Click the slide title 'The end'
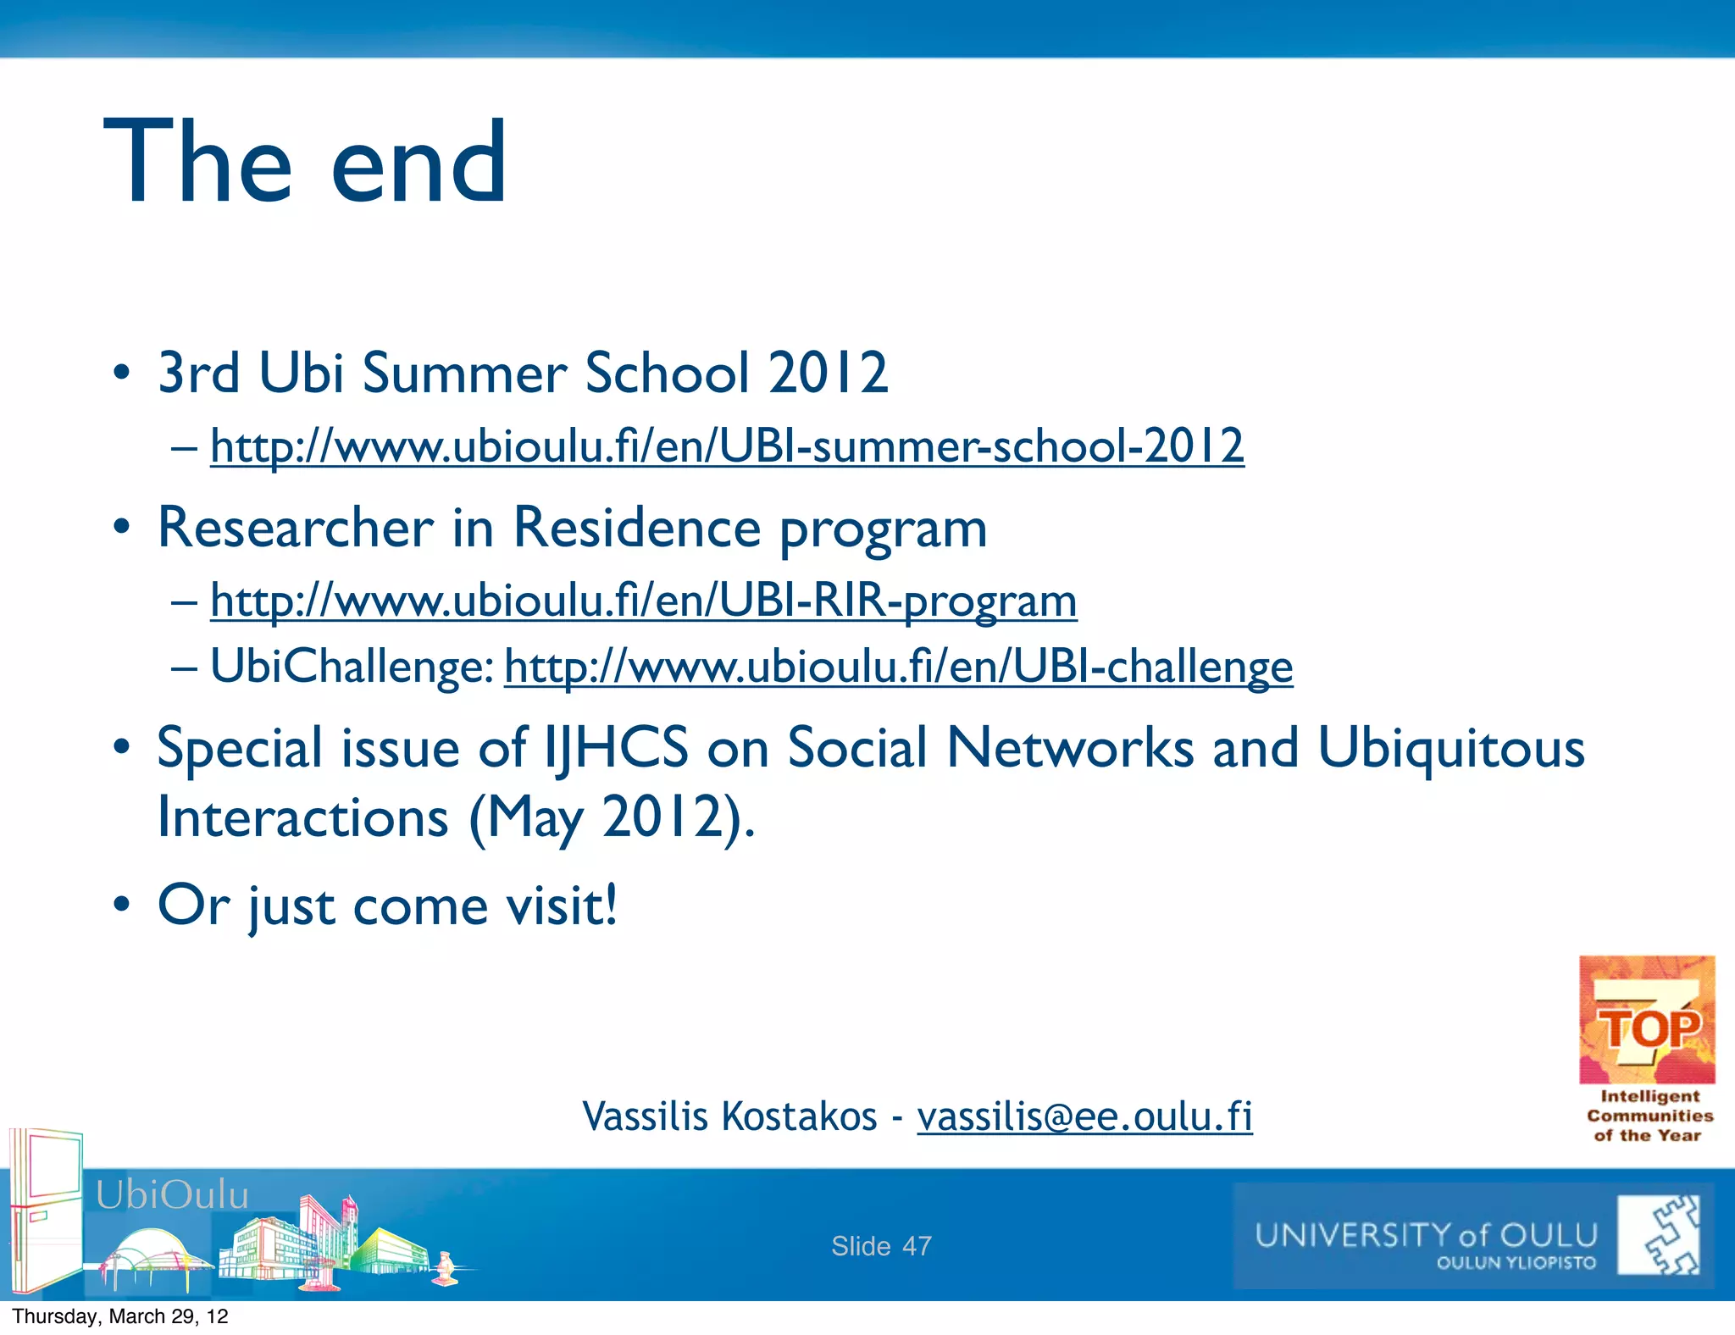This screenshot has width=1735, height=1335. (305, 163)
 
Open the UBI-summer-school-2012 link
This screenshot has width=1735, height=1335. (727, 446)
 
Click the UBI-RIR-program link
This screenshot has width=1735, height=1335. (643, 601)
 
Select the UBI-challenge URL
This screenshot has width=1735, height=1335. (898, 667)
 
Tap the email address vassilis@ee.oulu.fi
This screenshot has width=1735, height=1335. (1084, 1116)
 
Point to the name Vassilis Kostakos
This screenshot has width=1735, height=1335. (729, 1116)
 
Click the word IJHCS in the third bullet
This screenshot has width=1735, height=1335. (616, 749)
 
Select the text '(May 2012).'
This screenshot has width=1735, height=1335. (612, 818)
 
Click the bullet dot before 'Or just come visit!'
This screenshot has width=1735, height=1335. (122, 904)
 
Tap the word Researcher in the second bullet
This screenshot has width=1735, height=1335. (296, 528)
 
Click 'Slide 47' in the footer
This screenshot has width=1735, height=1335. (881, 1246)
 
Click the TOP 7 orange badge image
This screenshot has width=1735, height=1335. (1647, 1020)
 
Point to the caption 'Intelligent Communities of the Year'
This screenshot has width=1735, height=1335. (1649, 1116)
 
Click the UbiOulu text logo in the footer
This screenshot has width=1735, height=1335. (172, 1195)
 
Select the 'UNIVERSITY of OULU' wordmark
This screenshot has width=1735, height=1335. (1426, 1235)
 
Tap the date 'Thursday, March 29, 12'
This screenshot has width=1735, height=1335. (120, 1316)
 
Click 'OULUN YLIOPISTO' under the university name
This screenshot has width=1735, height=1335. (1516, 1263)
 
